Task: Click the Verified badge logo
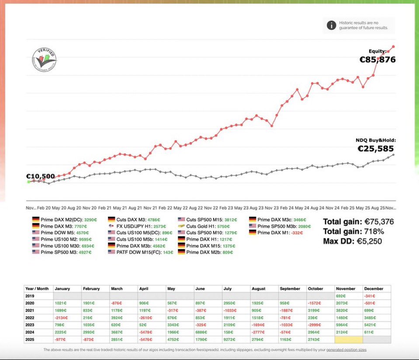44,61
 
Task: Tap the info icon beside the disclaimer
331,25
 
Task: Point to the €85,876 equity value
377,60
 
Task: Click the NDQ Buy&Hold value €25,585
377,148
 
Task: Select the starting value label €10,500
41,177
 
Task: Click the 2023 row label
31,325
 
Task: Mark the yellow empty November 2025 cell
349,339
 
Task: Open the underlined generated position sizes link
343,350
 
